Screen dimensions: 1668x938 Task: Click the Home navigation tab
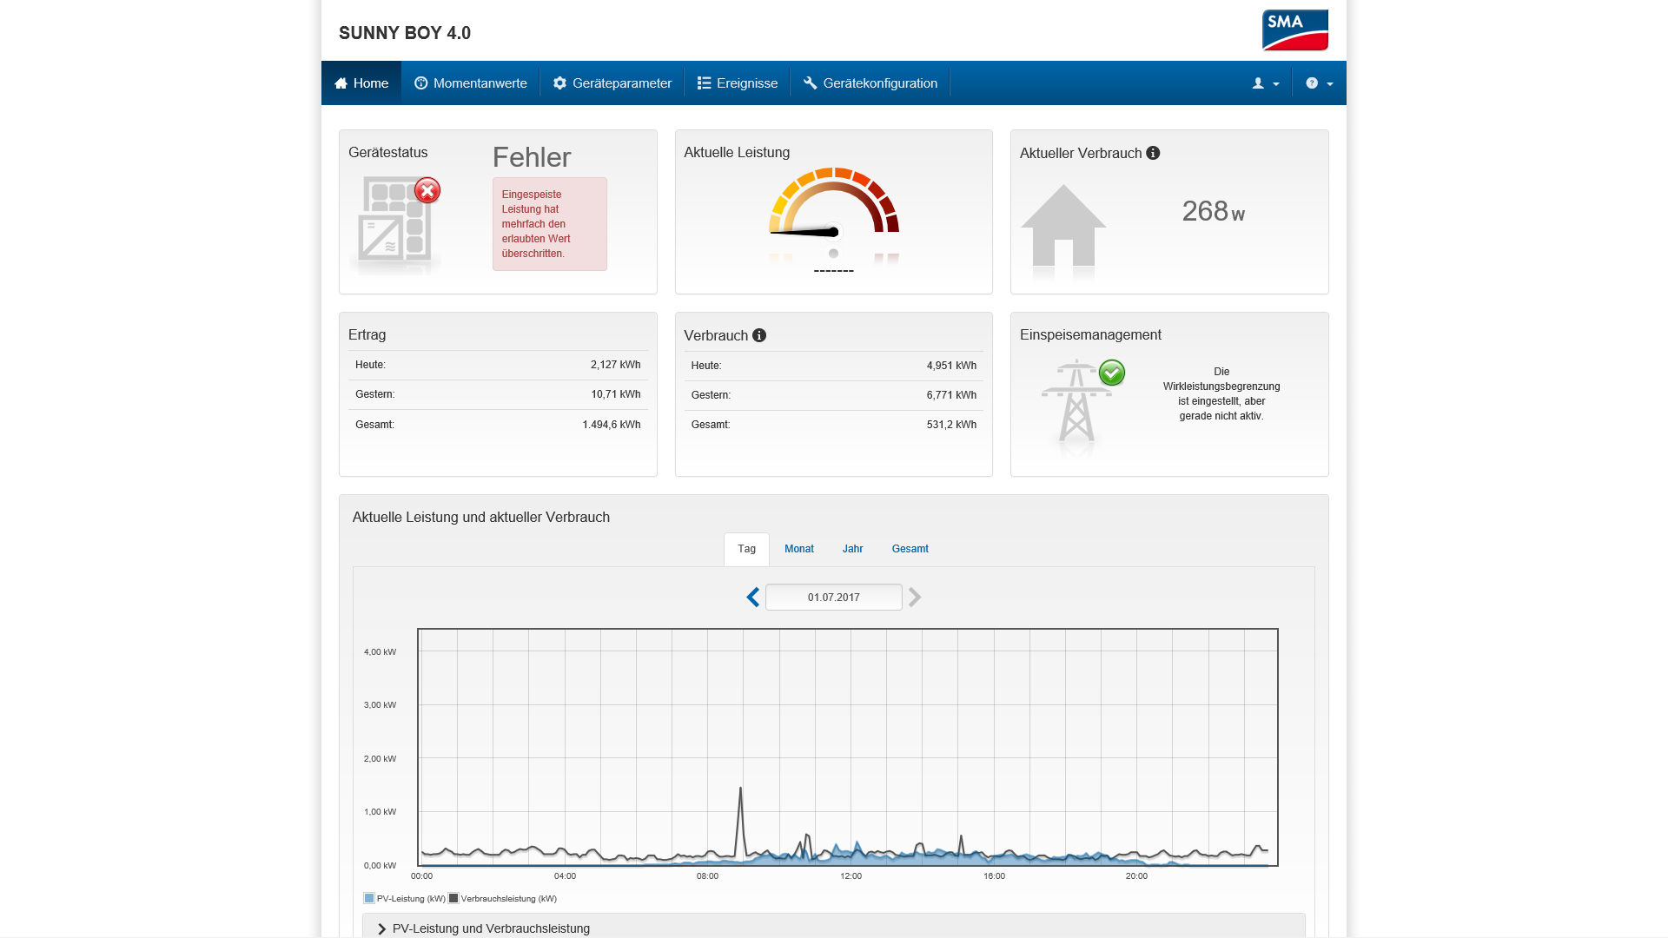361,83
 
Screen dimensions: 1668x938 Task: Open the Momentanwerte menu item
471,83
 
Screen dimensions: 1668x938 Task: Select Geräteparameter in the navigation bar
612,83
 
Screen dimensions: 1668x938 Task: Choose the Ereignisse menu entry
738,83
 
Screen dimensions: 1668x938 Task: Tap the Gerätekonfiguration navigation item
870,83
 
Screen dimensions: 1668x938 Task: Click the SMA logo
1294,30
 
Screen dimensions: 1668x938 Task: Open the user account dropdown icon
1265,83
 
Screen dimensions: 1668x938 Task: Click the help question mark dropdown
1319,83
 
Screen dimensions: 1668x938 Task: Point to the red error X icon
427,190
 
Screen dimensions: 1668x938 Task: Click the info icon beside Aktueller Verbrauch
1153,153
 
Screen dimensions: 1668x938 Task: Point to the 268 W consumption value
1214,211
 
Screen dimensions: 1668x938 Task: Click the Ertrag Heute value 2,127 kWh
616,365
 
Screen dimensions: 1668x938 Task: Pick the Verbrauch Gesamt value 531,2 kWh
951,425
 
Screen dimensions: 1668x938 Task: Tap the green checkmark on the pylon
1112,373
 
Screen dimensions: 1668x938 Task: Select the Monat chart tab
799,549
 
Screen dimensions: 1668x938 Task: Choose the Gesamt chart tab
910,549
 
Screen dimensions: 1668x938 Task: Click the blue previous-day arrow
753,598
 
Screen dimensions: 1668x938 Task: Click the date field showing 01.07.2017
834,598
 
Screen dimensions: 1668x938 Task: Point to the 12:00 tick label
851,876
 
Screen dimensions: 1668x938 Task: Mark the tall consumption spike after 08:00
740,820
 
